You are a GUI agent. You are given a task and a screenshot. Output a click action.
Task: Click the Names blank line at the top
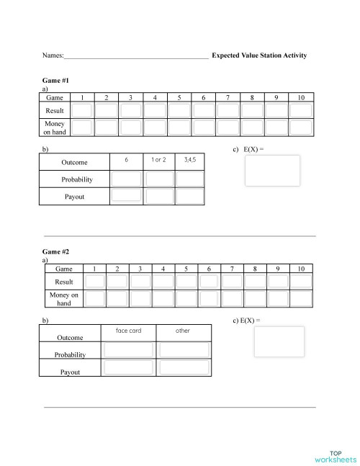click(136, 55)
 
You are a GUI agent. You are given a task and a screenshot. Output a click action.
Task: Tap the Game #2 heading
click(56, 252)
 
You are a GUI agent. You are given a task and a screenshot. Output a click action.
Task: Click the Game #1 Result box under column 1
click(82, 110)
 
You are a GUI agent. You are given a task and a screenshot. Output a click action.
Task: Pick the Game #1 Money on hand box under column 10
click(300, 127)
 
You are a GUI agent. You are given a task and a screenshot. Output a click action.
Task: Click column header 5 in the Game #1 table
click(179, 97)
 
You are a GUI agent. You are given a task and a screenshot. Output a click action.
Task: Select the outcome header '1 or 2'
click(158, 158)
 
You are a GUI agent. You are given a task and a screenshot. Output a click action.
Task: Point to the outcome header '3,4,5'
click(189, 158)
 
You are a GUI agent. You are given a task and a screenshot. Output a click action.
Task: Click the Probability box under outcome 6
click(126, 179)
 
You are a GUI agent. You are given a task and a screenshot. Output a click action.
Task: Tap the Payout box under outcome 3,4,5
click(190, 195)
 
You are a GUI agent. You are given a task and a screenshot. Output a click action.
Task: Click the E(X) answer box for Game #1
click(272, 171)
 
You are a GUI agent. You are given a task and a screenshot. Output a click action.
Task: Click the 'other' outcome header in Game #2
click(183, 331)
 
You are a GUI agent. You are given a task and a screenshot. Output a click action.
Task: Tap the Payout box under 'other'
click(184, 367)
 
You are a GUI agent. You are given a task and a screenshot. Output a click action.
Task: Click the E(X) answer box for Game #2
click(279, 341)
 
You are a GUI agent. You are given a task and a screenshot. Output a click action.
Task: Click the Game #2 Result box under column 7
click(232, 282)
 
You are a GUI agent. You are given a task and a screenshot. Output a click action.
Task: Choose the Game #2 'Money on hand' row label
click(64, 299)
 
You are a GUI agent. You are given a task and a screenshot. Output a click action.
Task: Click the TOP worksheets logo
click(336, 456)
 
